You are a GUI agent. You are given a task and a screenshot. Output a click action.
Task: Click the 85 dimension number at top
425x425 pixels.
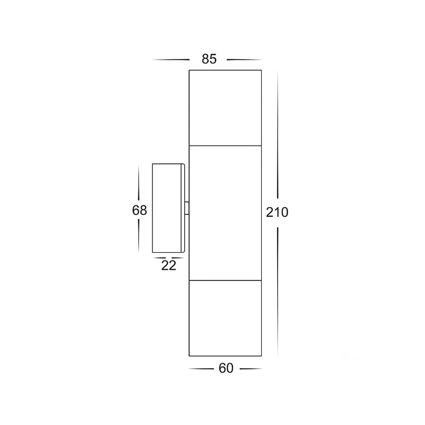point(209,59)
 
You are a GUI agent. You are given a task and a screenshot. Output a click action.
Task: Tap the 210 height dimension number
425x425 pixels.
point(277,212)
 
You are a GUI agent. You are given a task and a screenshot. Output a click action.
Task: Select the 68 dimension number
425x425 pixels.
point(139,210)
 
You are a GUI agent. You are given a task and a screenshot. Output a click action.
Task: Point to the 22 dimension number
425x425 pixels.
point(169,265)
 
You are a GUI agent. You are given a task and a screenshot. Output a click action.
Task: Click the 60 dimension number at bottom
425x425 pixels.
point(226,368)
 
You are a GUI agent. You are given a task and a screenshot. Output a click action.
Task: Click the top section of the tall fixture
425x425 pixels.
point(225,108)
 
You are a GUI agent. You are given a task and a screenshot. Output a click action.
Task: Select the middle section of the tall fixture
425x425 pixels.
point(225,212)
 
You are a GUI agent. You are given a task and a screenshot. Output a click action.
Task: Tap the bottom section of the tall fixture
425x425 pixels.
point(225,318)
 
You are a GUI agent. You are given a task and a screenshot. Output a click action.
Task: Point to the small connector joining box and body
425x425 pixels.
point(187,208)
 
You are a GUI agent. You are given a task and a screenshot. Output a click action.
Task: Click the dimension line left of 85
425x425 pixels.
point(171,60)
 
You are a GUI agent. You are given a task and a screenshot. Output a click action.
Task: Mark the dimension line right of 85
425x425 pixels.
point(244,60)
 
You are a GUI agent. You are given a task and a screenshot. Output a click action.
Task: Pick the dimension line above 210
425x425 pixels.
point(278,135)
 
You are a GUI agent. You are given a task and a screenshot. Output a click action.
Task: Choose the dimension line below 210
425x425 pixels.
point(278,290)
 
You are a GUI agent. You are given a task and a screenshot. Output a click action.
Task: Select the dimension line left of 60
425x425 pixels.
point(200,369)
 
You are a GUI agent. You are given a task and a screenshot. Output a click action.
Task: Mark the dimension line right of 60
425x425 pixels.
point(251,369)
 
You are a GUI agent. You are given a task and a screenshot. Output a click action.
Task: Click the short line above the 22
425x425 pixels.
point(169,258)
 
